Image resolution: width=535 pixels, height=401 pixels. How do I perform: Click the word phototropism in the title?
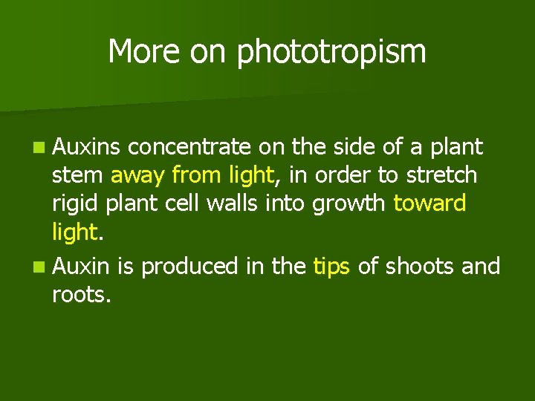pyautogui.click(x=331, y=53)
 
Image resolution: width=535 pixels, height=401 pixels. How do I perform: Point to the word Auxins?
pyautogui.click(x=86, y=147)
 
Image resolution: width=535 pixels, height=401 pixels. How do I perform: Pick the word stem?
pyautogui.click(x=77, y=176)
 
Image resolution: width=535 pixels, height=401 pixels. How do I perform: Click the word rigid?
pyautogui.click(x=73, y=204)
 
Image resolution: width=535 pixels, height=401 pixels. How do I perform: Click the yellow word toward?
pyautogui.click(x=429, y=204)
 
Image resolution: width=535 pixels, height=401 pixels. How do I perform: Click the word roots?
pyautogui.click(x=81, y=295)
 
